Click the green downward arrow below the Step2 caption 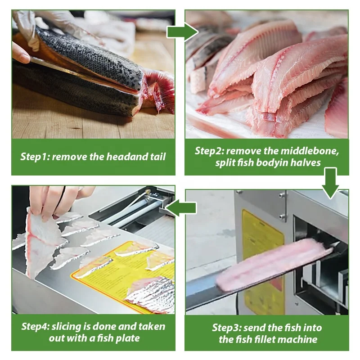coord(331,182)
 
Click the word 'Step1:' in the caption coord(35,157)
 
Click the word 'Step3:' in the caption coord(227,328)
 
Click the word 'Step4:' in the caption coord(36,327)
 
